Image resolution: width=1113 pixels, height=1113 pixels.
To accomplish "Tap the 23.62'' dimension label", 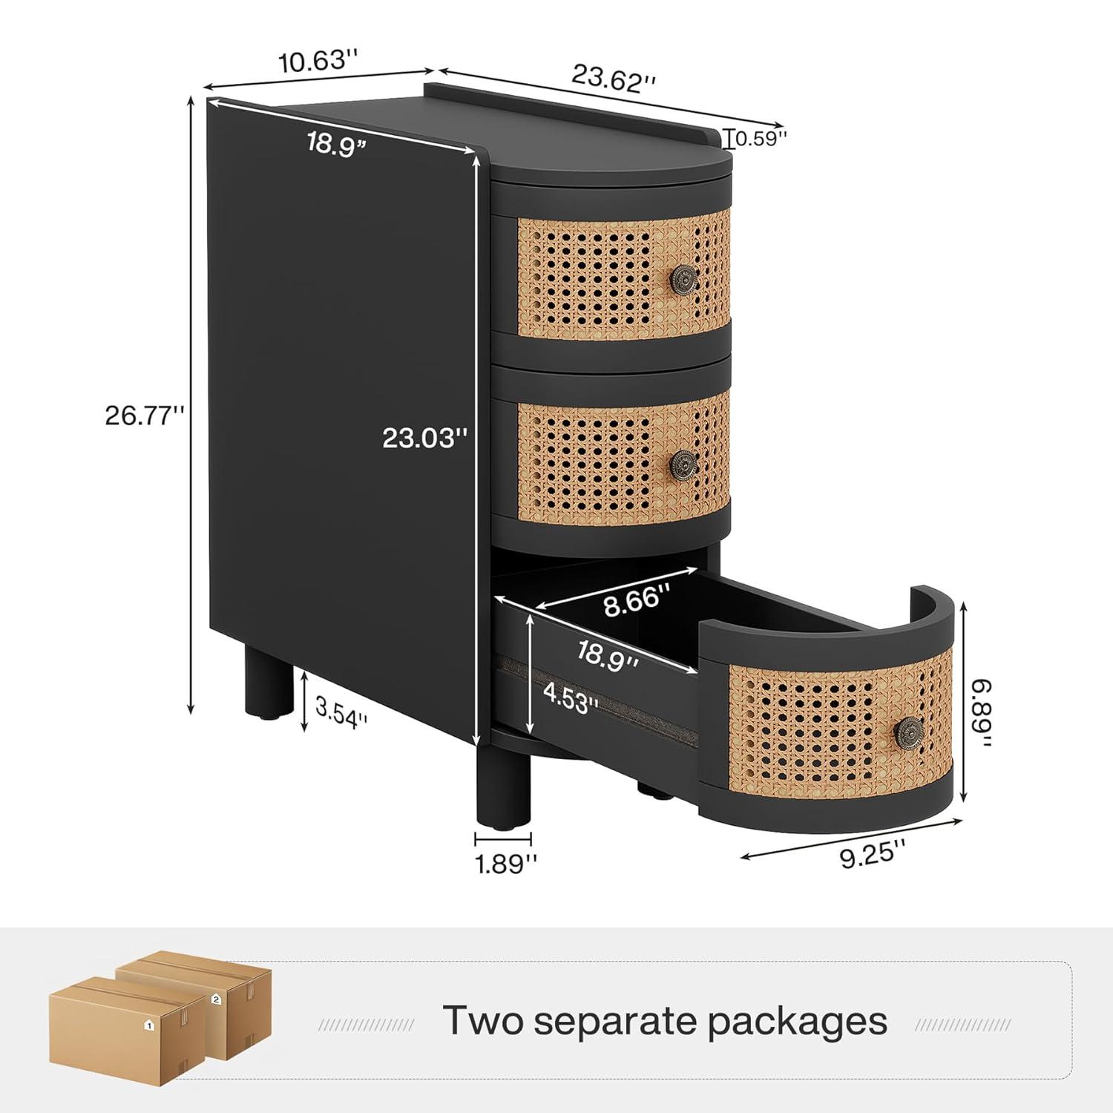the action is [613, 77].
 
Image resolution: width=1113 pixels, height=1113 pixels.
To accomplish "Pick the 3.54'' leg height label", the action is [342, 719].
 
